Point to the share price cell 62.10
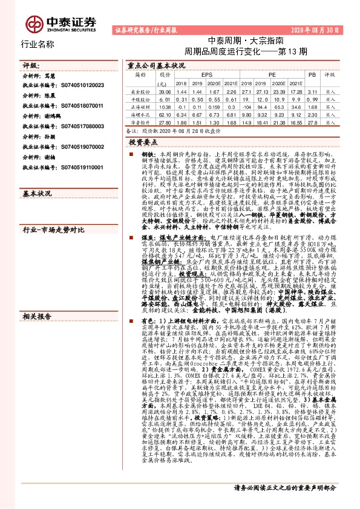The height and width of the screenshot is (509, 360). tap(164, 114)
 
